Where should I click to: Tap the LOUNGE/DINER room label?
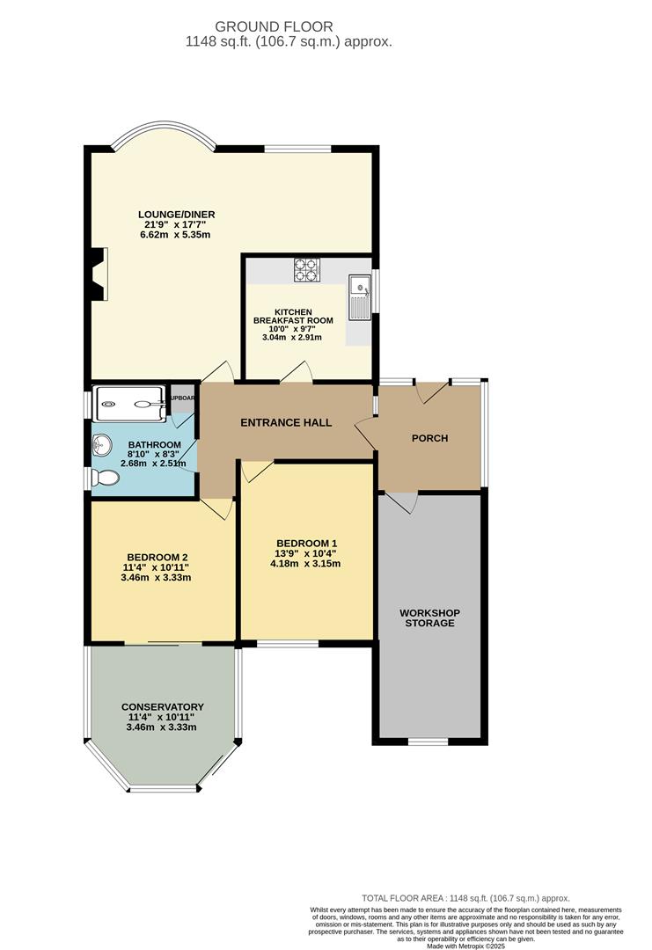[x=176, y=214]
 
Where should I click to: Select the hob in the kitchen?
[x=306, y=270]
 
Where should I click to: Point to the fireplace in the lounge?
[x=95, y=274]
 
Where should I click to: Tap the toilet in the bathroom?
[x=106, y=478]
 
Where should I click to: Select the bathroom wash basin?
[x=100, y=446]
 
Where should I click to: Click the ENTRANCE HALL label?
[x=286, y=423]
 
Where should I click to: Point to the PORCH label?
[x=429, y=438]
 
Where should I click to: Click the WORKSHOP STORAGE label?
[x=429, y=617]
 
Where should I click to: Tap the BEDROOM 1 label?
[x=306, y=543]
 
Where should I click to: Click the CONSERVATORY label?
[x=162, y=706]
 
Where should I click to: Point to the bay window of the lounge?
[x=164, y=136]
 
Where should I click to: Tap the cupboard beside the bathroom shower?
[x=182, y=398]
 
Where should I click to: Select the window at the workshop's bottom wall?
[x=429, y=742]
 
